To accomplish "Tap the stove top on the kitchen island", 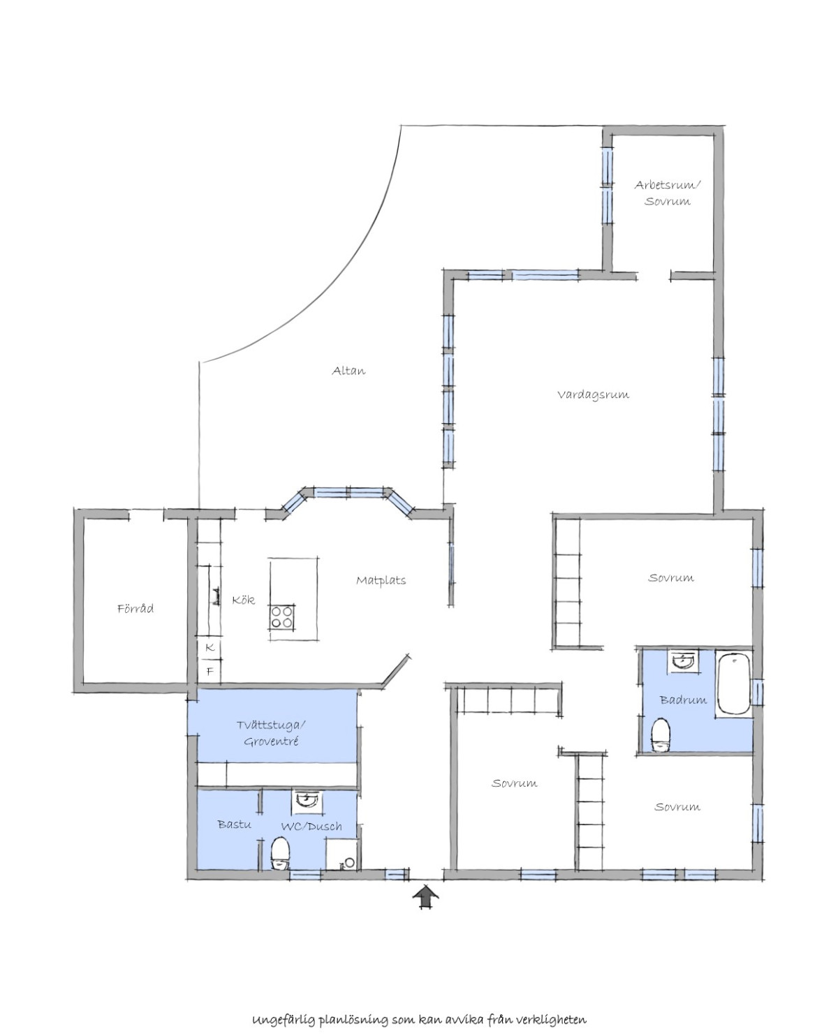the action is click(x=282, y=617).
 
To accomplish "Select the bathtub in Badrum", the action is click(x=734, y=684).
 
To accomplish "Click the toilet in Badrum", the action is click(x=661, y=734).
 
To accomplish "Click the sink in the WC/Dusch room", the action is click(x=307, y=800).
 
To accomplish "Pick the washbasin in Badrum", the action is click(x=684, y=661).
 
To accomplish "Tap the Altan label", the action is click(x=348, y=371).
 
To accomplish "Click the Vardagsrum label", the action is click(x=593, y=394).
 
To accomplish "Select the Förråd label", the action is click(x=135, y=608).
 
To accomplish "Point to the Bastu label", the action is click(x=234, y=824).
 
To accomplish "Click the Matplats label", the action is click(x=381, y=580).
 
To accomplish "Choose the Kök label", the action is click(x=243, y=600).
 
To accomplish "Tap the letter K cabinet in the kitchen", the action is click(x=209, y=648).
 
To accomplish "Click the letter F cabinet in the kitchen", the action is click(x=209, y=672).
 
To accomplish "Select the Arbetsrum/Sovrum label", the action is click(x=668, y=193).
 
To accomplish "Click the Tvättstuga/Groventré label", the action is click(x=271, y=733).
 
